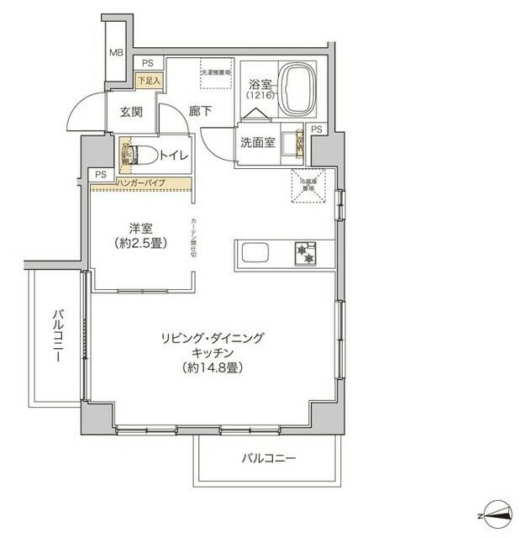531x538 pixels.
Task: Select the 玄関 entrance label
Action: click(131, 111)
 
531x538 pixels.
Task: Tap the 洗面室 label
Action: click(257, 142)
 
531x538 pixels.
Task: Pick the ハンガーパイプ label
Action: click(140, 182)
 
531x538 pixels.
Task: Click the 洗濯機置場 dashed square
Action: click(215, 78)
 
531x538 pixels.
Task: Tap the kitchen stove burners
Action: click(304, 252)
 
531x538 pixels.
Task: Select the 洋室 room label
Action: click(139, 229)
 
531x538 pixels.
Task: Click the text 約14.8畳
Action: click(213, 368)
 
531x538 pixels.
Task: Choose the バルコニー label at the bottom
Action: click(268, 458)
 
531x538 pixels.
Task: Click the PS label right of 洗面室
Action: click(316, 129)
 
